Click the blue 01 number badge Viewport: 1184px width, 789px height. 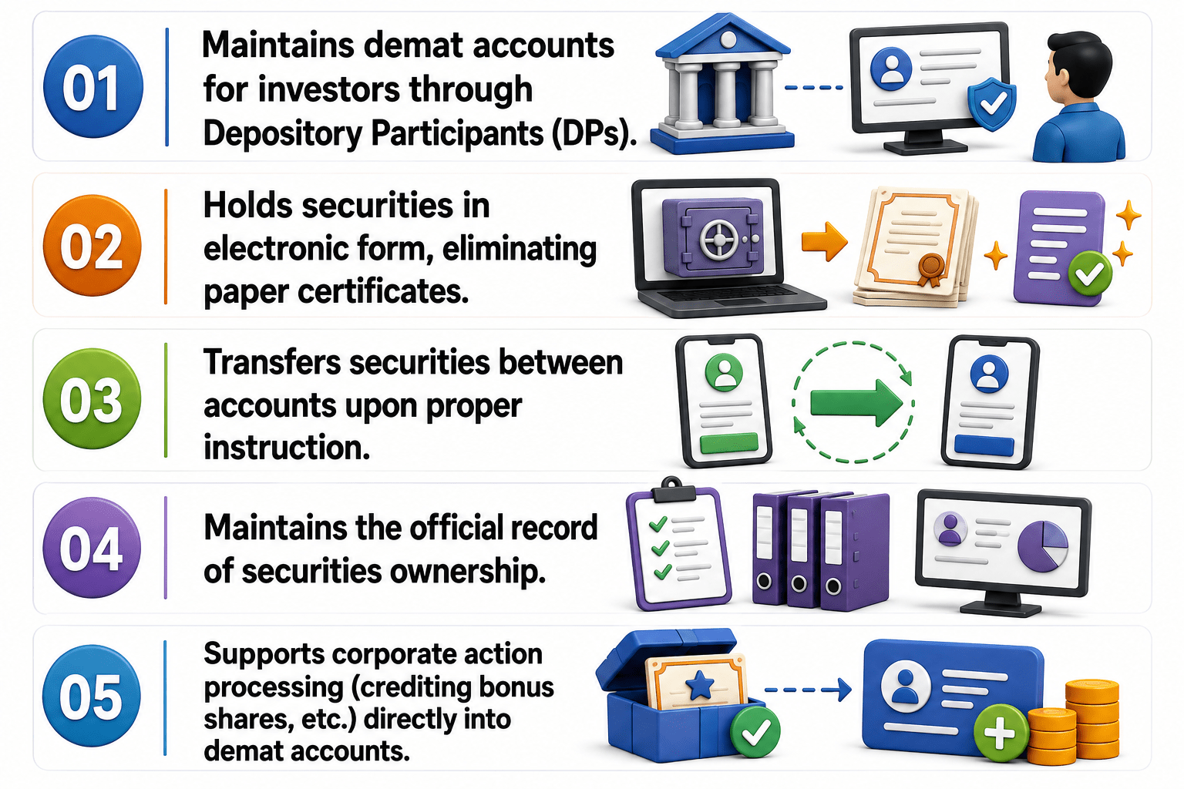(93, 86)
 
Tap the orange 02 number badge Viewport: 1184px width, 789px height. (92, 246)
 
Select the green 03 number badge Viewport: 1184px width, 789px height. (92, 398)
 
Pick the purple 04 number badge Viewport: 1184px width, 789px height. (92, 548)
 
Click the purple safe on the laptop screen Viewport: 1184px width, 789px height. (712, 237)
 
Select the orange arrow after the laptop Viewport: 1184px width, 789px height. (824, 241)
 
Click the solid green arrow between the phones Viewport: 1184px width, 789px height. (856, 403)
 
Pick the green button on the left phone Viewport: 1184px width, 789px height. (728, 443)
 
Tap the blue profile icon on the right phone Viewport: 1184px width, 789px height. (989, 374)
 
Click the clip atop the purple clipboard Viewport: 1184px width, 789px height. (673, 489)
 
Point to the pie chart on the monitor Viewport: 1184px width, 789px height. (1042, 546)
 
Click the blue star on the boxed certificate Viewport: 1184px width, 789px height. (700, 686)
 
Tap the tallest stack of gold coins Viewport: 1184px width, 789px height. (1091, 719)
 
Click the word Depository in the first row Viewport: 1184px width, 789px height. (283, 134)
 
